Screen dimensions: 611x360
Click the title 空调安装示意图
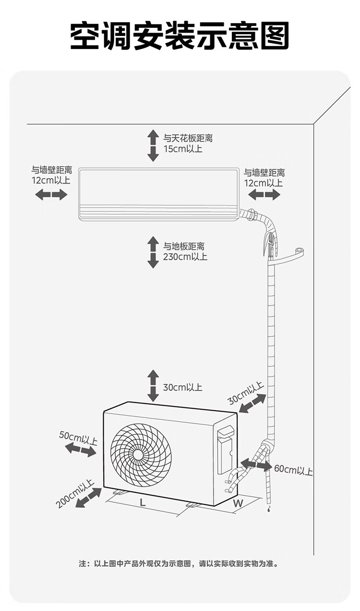(x=180, y=36)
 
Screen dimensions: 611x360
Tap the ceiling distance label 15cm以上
(x=183, y=148)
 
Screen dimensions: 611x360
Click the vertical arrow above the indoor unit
(x=153, y=145)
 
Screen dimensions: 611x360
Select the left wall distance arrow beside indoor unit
(x=51, y=195)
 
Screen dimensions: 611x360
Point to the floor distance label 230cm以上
(x=185, y=257)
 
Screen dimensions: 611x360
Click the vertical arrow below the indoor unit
(x=153, y=252)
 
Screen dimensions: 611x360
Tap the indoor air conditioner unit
(x=159, y=194)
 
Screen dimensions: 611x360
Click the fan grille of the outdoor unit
(x=141, y=454)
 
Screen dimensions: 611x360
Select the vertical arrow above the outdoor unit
(x=153, y=386)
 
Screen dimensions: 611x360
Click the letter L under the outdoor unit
(x=143, y=503)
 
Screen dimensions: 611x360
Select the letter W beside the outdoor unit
(x=238, y=503)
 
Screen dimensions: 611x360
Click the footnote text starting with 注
(x=179, y=563)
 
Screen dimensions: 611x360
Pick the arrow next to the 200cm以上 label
(x=89, y=498)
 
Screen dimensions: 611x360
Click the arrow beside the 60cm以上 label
(x=255, y=464)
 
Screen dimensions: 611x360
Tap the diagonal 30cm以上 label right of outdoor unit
(x=246, y=393)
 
